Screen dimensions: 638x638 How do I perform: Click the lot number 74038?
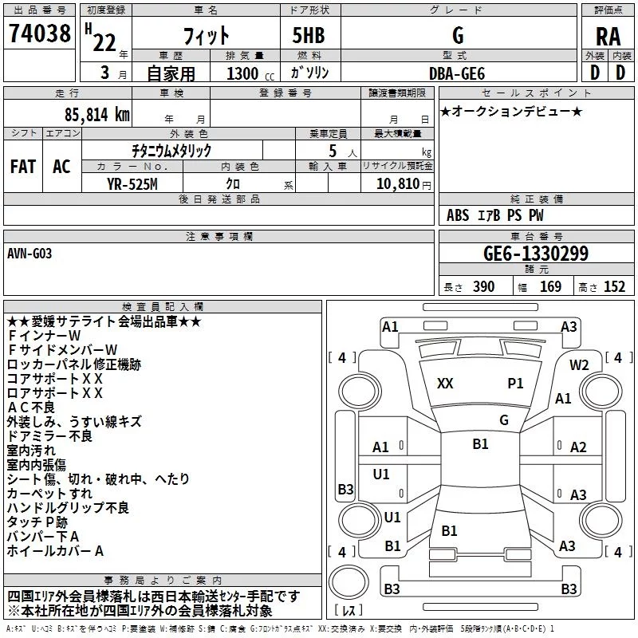[39, 33]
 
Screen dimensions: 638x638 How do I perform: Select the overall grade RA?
[608, 37]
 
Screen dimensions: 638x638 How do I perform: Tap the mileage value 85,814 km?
[96, 114]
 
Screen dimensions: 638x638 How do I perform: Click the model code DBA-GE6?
[457, 73]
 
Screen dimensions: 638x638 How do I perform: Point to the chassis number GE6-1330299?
[536, 253]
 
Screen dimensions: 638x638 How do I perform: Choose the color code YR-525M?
[132, 184]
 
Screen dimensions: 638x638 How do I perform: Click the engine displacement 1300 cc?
[250, 73]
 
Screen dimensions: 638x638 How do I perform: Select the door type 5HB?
[309, 35]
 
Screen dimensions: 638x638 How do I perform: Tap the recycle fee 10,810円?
[404, 184]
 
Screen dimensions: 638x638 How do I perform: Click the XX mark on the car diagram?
[445, 384]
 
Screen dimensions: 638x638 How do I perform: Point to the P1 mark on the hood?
[515, 384]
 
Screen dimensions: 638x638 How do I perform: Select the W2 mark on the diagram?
[579, 365]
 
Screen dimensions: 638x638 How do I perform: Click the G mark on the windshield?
[504, 420]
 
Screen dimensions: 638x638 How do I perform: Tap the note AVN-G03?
[30, 254]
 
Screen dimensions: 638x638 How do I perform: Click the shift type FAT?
[23, 167]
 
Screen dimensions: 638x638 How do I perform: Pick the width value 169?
[550, 286]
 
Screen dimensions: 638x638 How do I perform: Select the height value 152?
[614, 286]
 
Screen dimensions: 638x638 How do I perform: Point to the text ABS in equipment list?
[458, 215]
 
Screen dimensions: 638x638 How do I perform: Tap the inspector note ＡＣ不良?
[31, 408]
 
